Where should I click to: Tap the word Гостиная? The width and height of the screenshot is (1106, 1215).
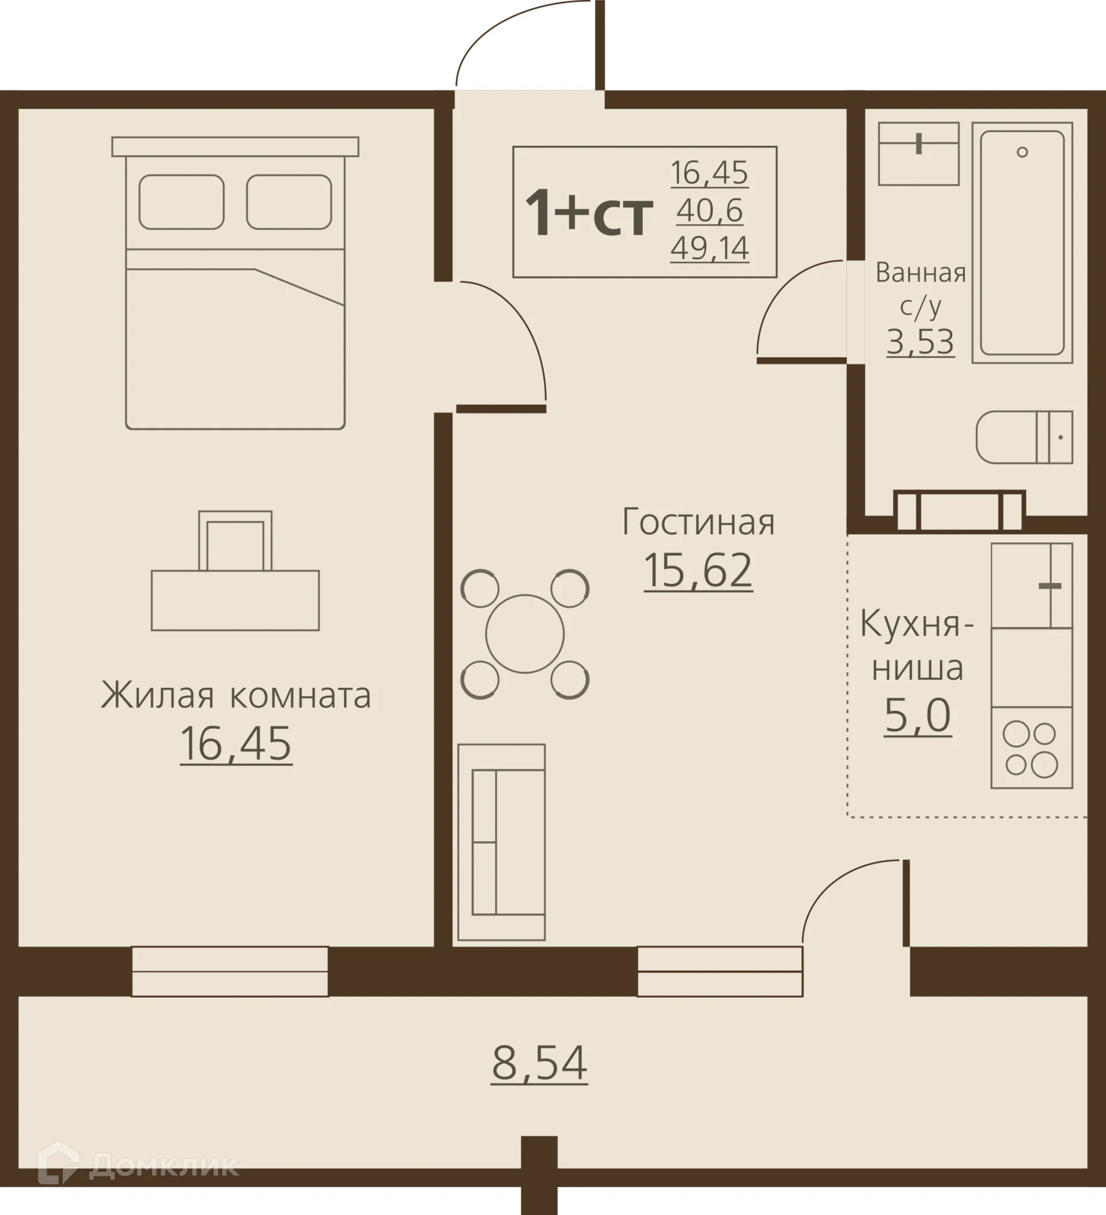[x=698, y=522]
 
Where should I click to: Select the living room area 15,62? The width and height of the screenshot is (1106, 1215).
[x=698, y=570]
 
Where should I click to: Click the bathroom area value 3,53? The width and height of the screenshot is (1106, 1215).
[x=920, y=342]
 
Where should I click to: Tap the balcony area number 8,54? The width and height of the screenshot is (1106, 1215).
[x=539, y=1063]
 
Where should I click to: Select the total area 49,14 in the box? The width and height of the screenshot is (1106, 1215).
[x=710, y=248]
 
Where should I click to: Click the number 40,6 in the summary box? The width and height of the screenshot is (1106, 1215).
[x=710, y=210]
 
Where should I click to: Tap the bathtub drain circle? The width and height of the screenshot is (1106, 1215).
[x=1022, y=152]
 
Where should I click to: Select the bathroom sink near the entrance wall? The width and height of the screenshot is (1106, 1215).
[x=918, y=154]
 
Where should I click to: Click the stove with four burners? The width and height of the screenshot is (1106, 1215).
[x=1031, y=748]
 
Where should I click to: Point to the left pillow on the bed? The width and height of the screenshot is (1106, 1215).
[x=181, y=202]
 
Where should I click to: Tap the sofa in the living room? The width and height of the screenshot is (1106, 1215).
[x=502, y=841]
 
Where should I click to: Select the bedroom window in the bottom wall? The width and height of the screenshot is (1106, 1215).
[x=230, y=971]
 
